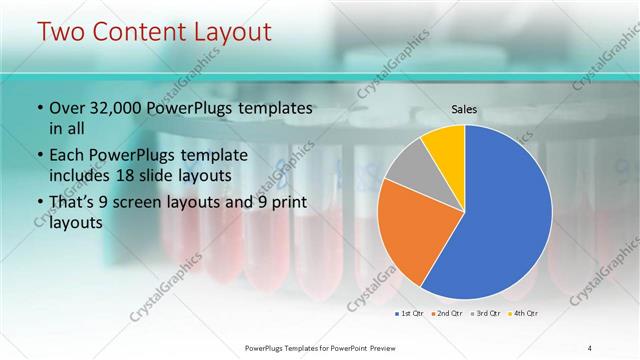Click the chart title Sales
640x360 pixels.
pos(464,108)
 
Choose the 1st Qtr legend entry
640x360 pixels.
pos(410,314)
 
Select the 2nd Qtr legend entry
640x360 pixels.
pos(446,314)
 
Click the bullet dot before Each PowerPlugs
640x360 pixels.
pos(39,156)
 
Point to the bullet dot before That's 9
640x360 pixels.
pos(39,202)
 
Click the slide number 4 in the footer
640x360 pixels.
pos(590,347)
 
